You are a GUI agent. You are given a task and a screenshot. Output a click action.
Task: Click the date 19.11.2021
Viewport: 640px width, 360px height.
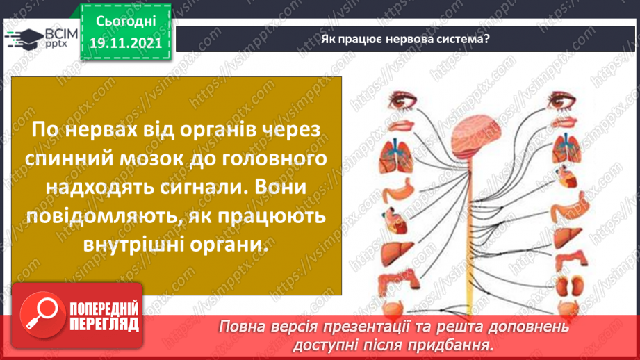[126, 42]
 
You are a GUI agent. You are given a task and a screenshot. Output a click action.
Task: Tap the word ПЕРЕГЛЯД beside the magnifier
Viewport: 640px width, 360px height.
[104, 324]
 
